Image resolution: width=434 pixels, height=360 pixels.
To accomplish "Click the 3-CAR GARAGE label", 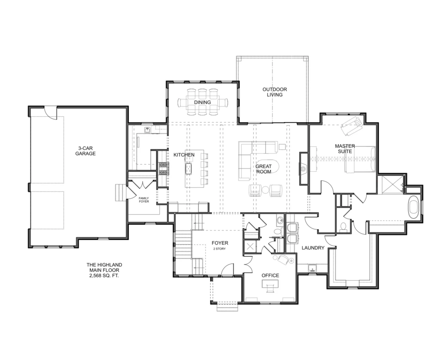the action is (85, 151).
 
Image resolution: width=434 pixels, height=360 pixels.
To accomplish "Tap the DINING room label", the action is (202, 102).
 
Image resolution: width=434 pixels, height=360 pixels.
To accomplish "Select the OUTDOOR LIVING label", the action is (275, 92).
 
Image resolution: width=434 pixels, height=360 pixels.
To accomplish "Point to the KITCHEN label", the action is (184, 155).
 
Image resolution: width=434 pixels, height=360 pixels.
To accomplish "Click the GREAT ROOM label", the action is (263, 169).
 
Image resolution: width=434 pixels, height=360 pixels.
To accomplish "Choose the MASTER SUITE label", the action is (345, 149).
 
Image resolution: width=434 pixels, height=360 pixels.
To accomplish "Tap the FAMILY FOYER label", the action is (144, 200).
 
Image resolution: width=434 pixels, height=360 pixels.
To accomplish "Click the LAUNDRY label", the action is (313, 248).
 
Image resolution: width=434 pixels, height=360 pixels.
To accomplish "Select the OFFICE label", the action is (270, 276).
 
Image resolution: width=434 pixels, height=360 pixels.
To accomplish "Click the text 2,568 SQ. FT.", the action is (104, 276).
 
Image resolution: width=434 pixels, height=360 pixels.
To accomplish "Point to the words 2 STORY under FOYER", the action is (219, 249).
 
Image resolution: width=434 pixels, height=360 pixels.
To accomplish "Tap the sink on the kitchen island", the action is (188, 169).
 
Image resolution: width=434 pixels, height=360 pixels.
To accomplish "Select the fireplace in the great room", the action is (303, 168).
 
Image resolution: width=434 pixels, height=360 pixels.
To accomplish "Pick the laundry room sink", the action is (312, 268).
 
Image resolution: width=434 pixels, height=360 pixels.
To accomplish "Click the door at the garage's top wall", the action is (50, 113).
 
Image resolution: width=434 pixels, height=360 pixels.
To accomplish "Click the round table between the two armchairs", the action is (265, 190).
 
